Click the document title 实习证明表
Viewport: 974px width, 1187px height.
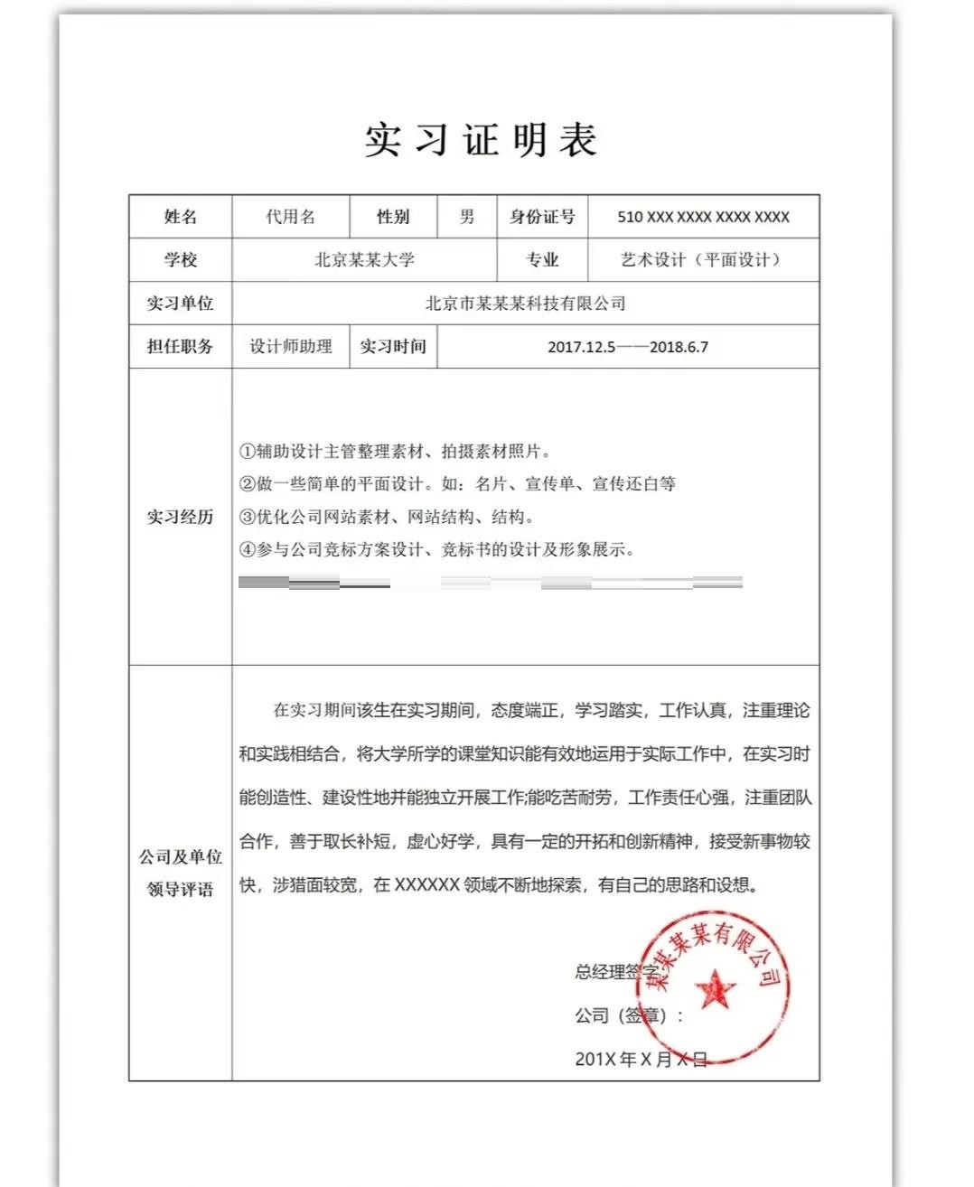[481, 140]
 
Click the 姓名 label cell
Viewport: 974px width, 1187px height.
[180, 217]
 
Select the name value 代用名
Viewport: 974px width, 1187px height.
[290, 217]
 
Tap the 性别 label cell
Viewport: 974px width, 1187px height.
[393, 217]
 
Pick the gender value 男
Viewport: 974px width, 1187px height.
[466, 217]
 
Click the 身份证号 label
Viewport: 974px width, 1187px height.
[542, 217]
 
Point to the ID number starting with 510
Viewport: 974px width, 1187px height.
[703, 217]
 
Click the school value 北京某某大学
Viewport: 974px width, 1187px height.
[364, 260]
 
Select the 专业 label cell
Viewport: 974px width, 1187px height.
[542, 260]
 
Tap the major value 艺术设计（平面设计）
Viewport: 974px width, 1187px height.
[702, 260]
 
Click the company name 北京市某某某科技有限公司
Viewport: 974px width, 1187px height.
[525, 304]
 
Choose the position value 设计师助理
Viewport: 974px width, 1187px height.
[290, 347]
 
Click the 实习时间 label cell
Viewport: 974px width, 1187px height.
[393, 347]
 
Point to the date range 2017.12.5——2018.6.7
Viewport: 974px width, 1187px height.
[628, 347]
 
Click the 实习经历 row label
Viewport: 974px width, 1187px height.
[180, 517]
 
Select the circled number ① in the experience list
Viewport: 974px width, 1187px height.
[247, 452]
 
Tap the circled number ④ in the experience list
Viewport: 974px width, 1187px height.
[247, 549]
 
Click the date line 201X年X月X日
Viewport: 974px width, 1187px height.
[641, 1059]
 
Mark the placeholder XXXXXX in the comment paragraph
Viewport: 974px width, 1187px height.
[427, 885]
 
